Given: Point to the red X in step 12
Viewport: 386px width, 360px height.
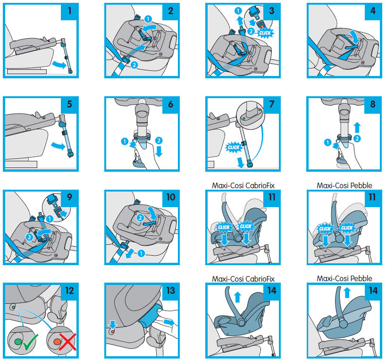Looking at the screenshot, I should point(66,341).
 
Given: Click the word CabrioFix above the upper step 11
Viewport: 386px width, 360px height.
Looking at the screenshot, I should point(260,185).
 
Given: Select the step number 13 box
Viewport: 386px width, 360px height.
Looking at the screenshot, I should point(170,291).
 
